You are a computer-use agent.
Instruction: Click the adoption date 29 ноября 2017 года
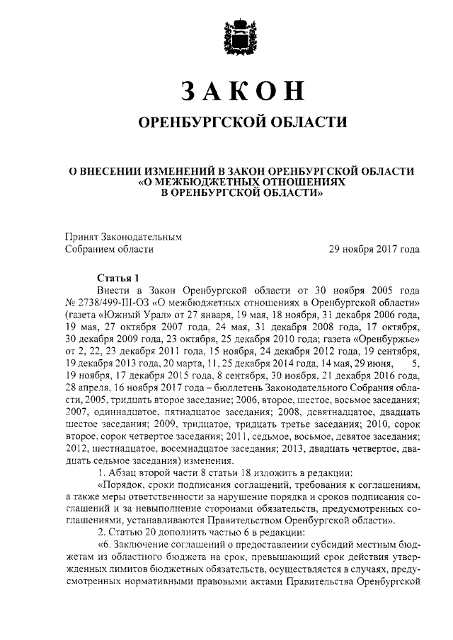[374, 248]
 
